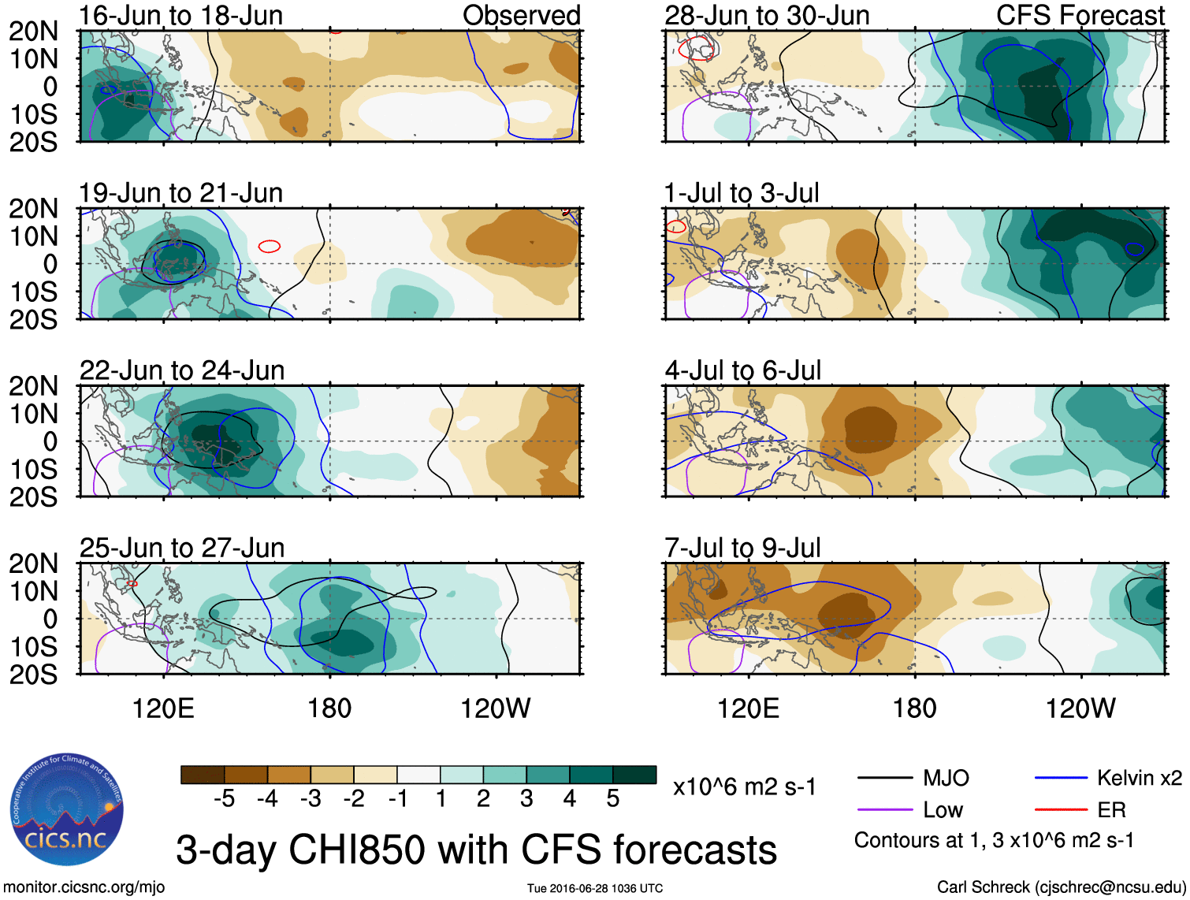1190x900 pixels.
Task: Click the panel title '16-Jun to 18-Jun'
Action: click(180, 15)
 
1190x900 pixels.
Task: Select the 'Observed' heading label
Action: click(521, 15)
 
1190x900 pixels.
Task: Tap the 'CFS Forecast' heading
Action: click(1080, 15)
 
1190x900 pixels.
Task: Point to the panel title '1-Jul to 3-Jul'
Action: click(742, 192)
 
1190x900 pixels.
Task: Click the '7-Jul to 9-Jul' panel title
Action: click(742, 548)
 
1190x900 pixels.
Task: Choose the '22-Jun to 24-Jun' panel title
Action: click(182, 370)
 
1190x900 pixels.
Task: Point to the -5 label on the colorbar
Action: click(224, 799)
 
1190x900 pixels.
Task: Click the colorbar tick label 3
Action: click(526, 799)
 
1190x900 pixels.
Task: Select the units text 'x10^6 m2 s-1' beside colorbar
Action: click(744, 787)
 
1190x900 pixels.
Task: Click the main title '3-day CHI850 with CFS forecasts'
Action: click(476, 850)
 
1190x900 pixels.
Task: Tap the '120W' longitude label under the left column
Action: click(495, 708)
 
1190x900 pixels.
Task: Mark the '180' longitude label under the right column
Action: click(914, 708)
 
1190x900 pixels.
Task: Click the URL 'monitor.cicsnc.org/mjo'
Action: click(84, 887)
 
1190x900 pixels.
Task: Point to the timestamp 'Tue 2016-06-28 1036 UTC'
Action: click(595, 888)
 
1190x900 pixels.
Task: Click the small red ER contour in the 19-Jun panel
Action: click(270, 247)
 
